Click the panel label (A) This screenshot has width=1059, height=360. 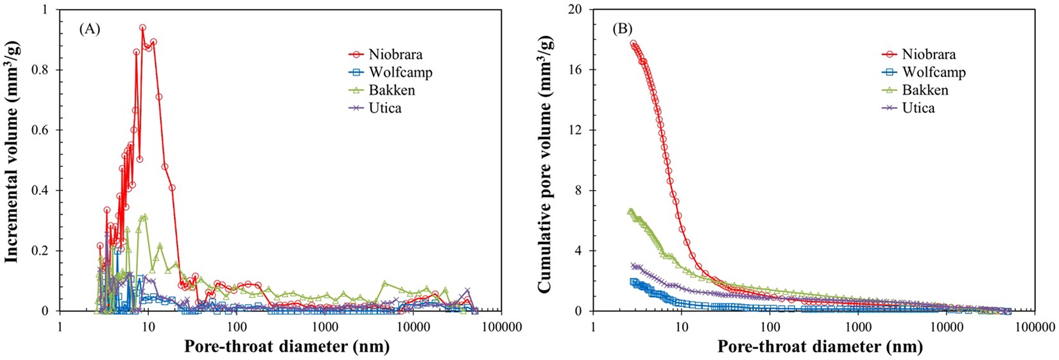[89, 28]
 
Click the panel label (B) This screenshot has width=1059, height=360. [623, 28]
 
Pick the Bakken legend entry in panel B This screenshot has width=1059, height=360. [925, 90]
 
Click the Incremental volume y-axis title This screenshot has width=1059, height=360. [12, 160]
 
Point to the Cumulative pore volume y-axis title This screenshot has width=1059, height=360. [545, 160]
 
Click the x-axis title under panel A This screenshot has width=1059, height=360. [287, 347]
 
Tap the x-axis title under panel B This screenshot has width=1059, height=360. [820, 347]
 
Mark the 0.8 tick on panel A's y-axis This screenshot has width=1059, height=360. [45, 70]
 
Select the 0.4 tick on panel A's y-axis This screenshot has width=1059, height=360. [45, 191]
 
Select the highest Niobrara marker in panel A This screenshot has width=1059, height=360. [142, 28]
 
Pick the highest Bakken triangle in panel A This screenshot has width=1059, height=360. [145, 217]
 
